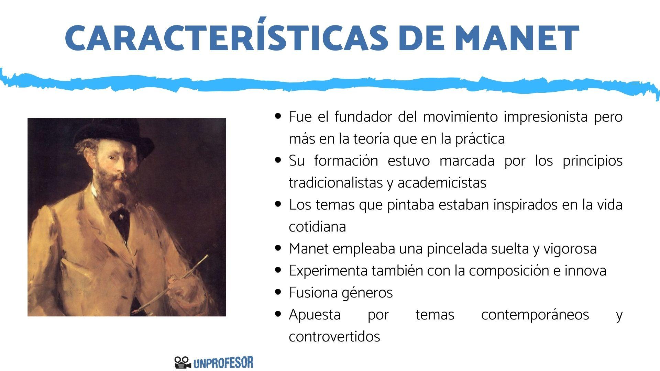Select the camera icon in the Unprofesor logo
[183, 362]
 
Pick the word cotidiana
[317, 227]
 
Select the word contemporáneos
[535, 315]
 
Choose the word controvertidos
[334, 337]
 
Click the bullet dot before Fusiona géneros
[278, 292]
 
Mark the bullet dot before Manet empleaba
[278, 248]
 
